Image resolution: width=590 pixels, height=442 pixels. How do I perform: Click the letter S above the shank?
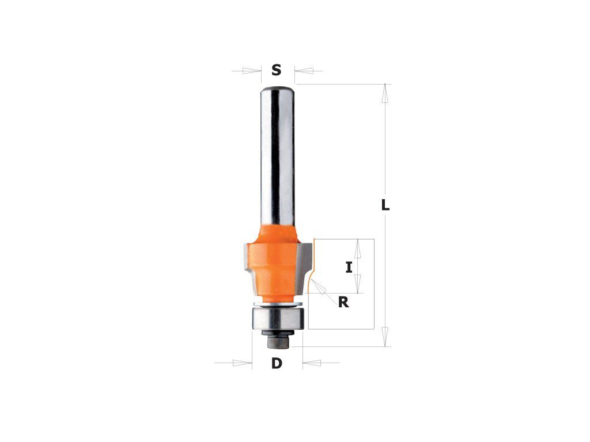point(277,70)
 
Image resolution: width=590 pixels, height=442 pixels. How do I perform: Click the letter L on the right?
point(385,205)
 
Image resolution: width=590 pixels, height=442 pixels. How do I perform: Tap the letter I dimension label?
point(349,268)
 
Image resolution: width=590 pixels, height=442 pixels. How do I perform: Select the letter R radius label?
point(343,302)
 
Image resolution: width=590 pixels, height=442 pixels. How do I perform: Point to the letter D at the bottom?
point(277,364)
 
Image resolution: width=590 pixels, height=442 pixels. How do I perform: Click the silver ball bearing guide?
point(277,319)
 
